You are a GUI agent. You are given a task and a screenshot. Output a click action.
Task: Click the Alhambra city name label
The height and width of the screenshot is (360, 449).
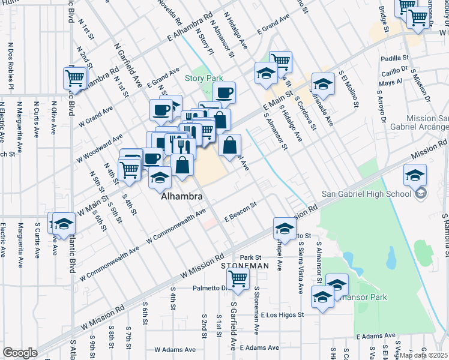coord(181,197)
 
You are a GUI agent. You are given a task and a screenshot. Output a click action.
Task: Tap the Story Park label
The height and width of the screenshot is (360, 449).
coord(203,78)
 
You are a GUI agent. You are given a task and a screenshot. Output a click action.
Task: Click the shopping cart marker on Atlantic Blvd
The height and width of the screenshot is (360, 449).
coord(75,78)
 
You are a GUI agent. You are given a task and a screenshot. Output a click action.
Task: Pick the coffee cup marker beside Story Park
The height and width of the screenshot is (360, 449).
coord(224,93)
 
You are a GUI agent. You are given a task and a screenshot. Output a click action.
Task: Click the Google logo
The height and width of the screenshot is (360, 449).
coord(20,353)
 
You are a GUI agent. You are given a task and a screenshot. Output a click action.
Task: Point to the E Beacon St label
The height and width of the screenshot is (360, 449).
coord(240,212)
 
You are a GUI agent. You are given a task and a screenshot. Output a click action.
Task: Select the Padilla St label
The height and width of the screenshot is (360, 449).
coord(394,59)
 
